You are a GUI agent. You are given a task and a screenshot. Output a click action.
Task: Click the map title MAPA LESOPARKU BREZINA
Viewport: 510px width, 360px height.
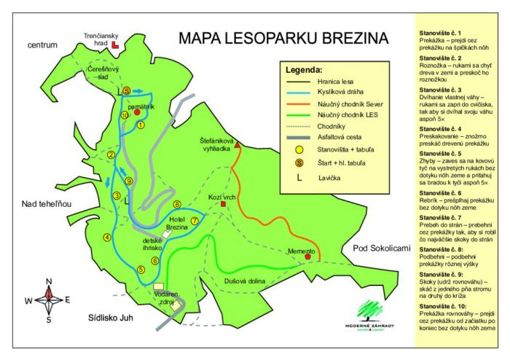[284, 38]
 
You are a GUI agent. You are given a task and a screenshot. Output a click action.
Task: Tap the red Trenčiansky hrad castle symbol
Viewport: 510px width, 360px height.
[116, 45]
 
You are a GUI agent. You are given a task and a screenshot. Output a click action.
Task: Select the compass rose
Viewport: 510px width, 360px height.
[49, 297]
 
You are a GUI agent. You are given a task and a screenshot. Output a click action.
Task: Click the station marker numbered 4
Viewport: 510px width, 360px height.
[107, 236]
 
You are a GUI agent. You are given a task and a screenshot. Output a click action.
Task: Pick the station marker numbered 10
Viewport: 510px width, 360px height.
[125, 115]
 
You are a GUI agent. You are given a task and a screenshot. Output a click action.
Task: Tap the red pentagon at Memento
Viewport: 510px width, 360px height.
[309, 257]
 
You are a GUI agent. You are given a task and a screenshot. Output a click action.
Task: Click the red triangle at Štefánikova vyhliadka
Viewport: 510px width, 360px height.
[237, 146]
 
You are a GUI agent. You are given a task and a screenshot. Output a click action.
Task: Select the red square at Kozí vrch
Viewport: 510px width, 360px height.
[224, 204]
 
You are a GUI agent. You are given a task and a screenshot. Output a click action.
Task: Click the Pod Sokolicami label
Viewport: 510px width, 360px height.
[382, 249]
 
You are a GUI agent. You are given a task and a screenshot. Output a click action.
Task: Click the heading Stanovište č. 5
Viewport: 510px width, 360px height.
[440, 154]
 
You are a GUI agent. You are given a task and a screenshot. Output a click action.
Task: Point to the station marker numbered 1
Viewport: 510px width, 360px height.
[141, 125]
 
